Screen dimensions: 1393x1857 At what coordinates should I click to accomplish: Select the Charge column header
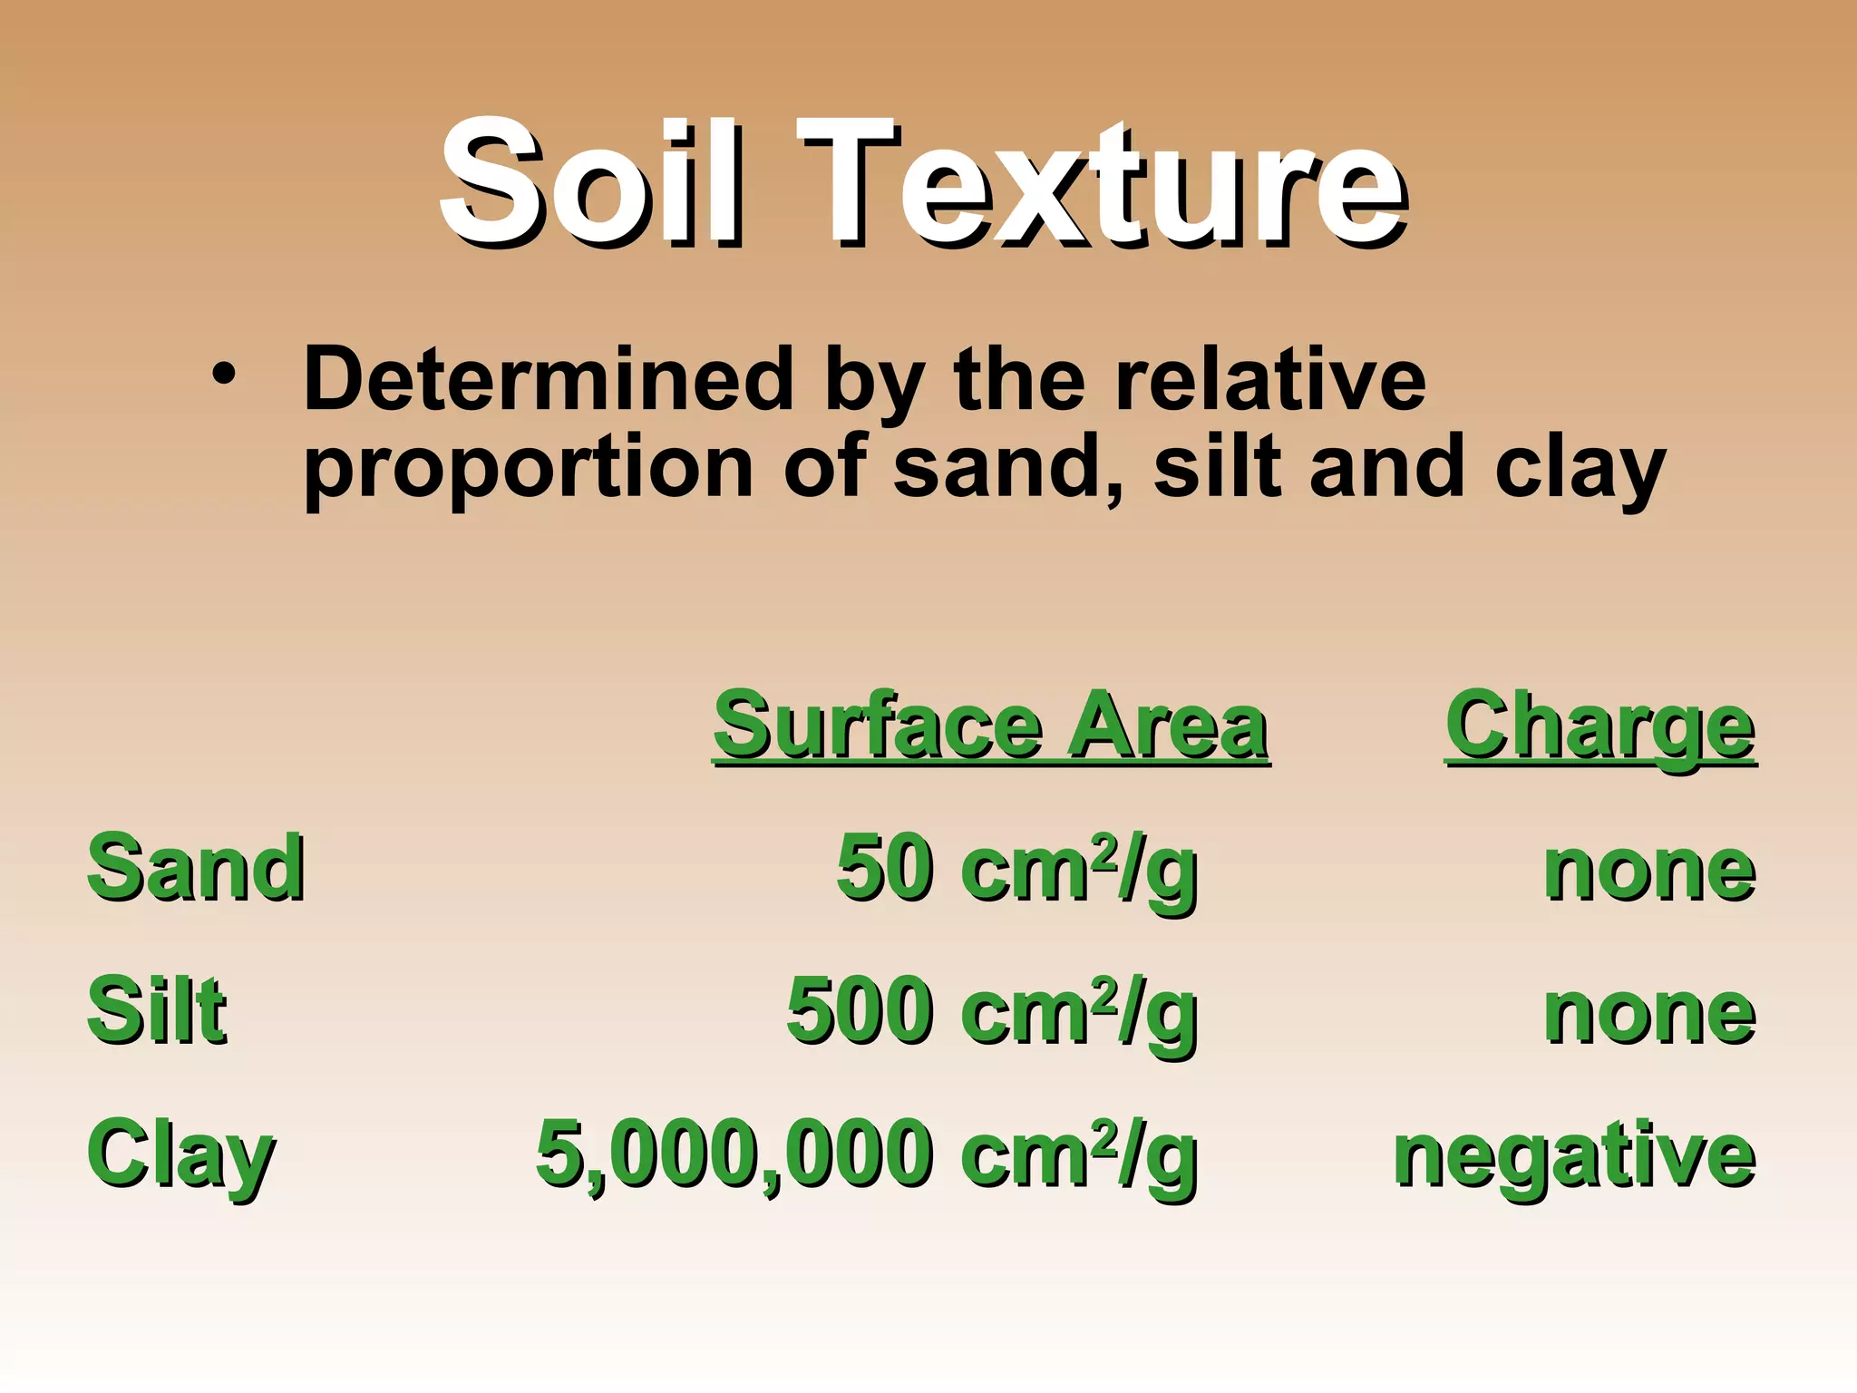pos(1600,727)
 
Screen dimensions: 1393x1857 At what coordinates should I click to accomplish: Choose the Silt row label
pos(156,1010)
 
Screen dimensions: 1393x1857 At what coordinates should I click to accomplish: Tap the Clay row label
pos(180,1155)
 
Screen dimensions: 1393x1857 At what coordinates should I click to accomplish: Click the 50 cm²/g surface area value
pos(1016,869)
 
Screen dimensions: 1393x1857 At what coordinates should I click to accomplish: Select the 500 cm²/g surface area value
pos(992,1012)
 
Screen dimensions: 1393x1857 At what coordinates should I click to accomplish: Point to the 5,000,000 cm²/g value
pos(867,1155)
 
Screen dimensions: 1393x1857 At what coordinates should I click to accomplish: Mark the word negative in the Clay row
pos(1574,1157)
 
